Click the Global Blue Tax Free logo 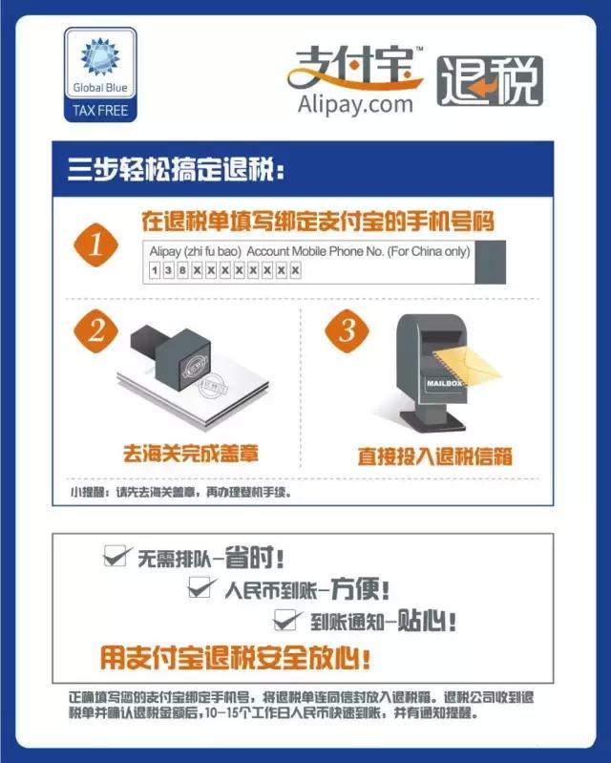(x=100, y=76)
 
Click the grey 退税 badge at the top (x=490, y=81)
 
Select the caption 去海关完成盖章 (x=192, y=452)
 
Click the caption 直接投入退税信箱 (x=434, y=456)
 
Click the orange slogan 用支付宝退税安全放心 (x=235, y=658)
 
